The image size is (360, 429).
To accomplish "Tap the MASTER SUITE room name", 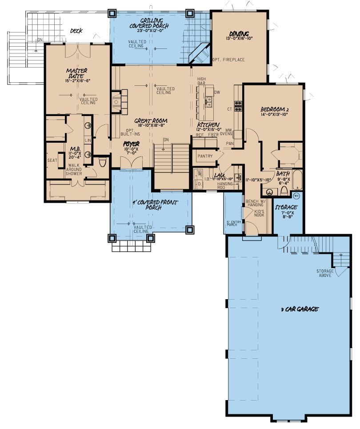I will pyautogui.click(x=77, y=73).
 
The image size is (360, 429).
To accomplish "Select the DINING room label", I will pyautogui.click(x=239, y=33).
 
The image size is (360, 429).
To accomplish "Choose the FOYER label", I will pyautogui.click(x=132, y=144).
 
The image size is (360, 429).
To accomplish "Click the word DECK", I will pyautogui.click(x=77, y=31).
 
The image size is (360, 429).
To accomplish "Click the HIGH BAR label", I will pyautogui.click(x=202, y=81).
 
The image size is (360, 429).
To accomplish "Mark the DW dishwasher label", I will pyautogui.click(x=217, y=92).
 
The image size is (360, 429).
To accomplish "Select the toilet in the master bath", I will pyautogui.click(x=103, y=162).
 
